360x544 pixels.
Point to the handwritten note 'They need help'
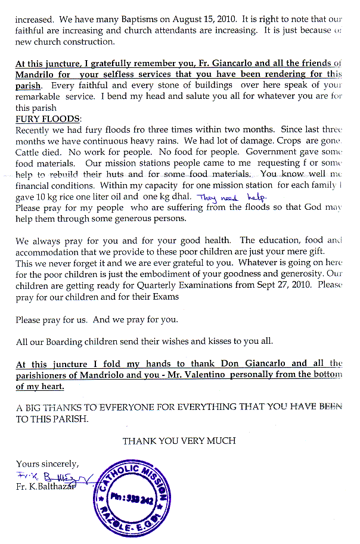pyautogui.click(x=232, y=197)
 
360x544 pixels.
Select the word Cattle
pyautogui.click(x=28, y=152)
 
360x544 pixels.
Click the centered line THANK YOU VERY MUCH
pyautogui.click(x=179, y=441)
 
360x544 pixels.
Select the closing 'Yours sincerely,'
pyautogui.click(x=48, y=464)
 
